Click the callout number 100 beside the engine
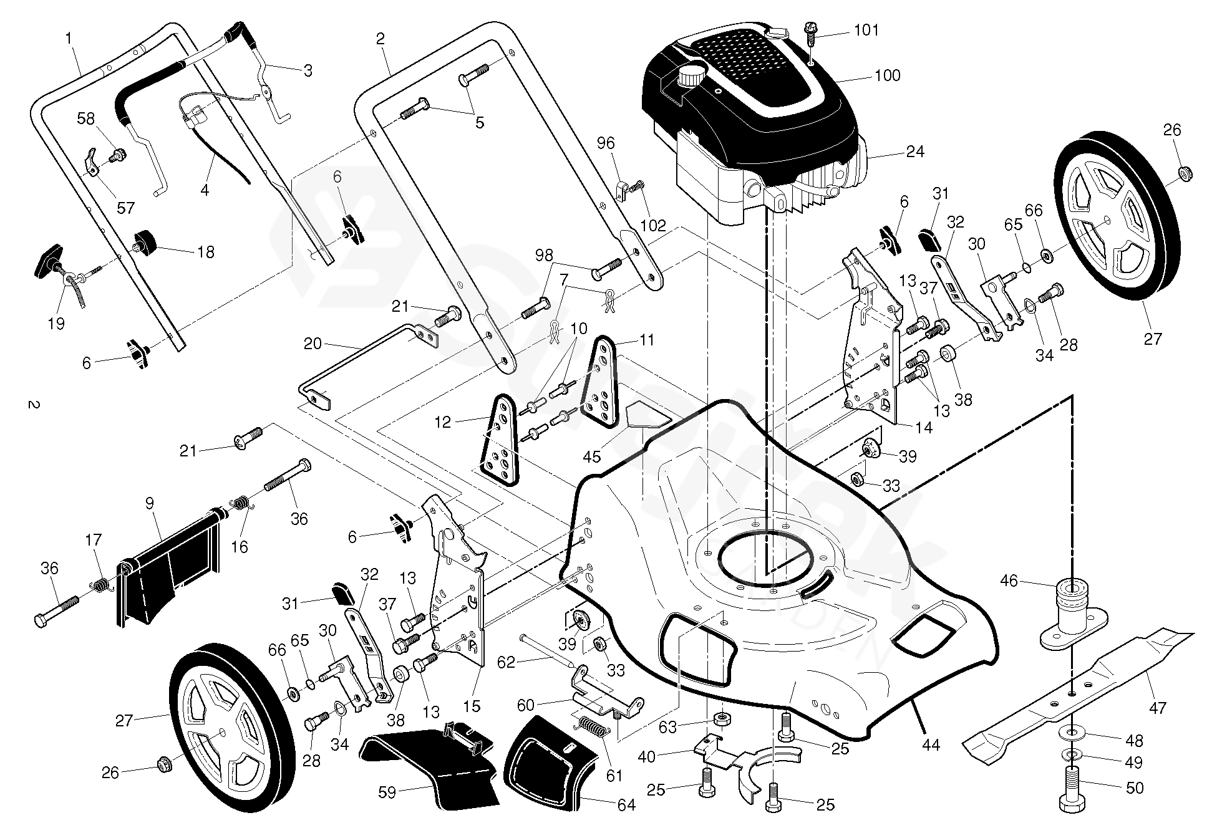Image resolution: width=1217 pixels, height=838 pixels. pos(887,75)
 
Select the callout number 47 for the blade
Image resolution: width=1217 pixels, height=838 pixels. pos(1157,708)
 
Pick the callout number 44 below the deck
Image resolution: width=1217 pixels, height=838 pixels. pos(930,744)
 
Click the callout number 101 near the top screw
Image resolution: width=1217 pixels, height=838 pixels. pos(866,31)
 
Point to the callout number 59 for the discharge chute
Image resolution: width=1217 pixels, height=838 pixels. pos(387,793)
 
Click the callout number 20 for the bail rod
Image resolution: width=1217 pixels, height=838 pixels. pos(313,344)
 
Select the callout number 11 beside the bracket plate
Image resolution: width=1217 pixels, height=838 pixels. pos(647,340)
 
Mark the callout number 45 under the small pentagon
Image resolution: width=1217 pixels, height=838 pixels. pos(591,456)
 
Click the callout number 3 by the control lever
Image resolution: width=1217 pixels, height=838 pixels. pos(308,70)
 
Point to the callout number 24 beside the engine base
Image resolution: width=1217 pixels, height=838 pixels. pos(914,152)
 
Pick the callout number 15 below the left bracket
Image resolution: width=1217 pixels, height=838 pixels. pos(472,706)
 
